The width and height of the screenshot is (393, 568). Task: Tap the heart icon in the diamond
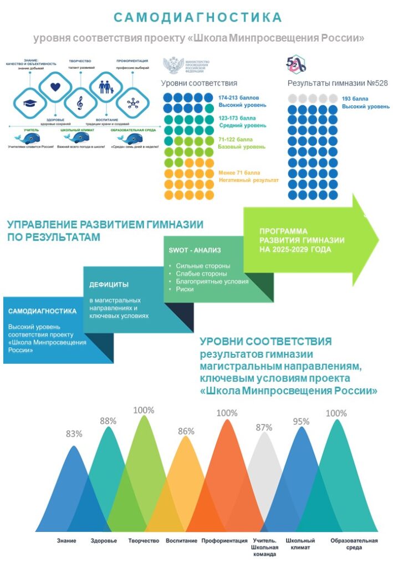55,87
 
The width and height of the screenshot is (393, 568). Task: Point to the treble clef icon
80,103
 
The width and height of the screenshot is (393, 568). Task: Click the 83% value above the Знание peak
74,434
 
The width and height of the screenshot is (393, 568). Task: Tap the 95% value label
301,422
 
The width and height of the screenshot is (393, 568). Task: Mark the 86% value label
186,431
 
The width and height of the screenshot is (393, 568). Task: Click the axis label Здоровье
104,540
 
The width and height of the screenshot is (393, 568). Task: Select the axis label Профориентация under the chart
224,540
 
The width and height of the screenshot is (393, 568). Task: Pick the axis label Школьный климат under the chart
300,544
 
